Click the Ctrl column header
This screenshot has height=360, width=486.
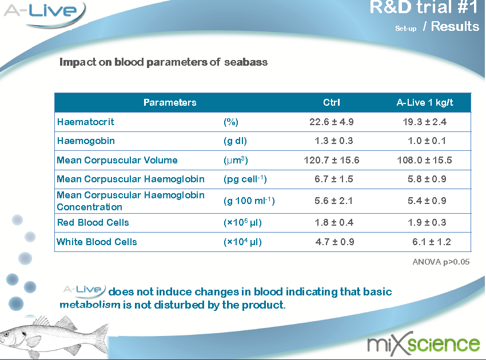click(331, 102)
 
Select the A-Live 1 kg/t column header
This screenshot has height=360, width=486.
click(425, 102)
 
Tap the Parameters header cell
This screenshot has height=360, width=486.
click(170, 102)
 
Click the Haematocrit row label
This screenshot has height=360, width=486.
click(86, 122)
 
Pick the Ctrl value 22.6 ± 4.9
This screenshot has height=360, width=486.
click(331, 122)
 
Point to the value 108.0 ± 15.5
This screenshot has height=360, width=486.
click(424, 160)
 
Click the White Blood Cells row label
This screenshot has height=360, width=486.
click(97, 242)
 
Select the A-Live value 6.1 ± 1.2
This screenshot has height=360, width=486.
click(432, 242)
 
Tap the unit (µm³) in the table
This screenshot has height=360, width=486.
click(236, 160)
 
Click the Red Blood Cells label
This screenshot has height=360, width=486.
click(93, 222)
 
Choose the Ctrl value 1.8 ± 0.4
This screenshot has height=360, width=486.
click(334, 222)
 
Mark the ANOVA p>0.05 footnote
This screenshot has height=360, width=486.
click(441, 262)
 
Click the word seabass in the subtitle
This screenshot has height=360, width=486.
click(246, 62)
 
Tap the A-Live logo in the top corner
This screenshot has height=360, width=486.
click(45, 14)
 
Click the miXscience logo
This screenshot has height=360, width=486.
click(423, 344)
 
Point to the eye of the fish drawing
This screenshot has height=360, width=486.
click(6, 334)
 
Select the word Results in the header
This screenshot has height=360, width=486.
click(455, 26)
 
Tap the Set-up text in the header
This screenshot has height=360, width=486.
click(406, 29)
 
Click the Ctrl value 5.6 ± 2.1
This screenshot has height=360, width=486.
click(333, 201)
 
